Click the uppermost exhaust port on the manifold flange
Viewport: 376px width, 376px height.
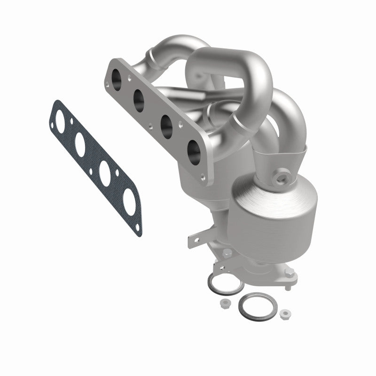[x=115, y=76]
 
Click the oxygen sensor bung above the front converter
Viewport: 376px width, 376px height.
[x=283, y=178]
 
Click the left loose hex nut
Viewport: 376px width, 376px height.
[x=225, y=304]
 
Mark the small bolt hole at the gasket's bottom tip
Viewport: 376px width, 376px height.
[x=137, y=227]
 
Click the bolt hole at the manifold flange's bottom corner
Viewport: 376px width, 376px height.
[x=203, y=178]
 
